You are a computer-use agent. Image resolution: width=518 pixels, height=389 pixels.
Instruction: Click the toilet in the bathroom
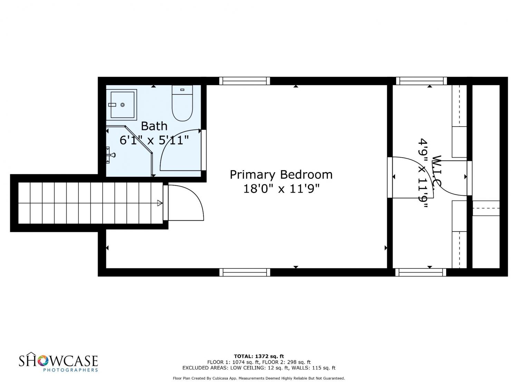pos(182,103)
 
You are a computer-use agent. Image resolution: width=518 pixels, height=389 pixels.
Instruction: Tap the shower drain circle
pos(123,105)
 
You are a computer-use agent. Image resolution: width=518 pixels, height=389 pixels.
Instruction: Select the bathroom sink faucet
pos(111,155)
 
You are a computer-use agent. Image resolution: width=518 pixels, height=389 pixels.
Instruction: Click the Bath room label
pos(154,126)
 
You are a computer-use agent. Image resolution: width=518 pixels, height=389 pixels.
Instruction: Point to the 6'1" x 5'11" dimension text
pos(154,140)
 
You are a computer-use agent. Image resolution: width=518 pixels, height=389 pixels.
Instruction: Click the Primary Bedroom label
pos(281,175)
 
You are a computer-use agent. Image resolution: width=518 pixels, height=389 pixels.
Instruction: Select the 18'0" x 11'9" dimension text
pos(281,189)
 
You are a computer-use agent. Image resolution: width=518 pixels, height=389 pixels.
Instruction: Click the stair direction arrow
pos(160,203)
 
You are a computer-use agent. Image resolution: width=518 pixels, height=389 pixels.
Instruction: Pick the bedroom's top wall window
pos(244,81)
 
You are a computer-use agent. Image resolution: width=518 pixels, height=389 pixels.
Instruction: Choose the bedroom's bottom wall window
pos(244,272)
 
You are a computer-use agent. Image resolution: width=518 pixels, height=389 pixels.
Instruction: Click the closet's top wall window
pos(421,81)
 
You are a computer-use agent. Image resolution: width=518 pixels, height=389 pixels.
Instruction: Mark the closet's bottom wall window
pos(421,272)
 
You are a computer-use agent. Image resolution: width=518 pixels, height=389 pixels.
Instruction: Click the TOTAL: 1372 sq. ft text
pos(259,356)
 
